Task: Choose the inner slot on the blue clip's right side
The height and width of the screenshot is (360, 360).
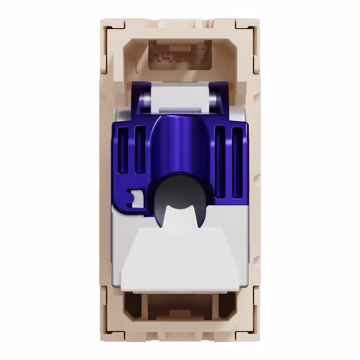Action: point(220,162)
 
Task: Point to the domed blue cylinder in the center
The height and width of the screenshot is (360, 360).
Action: point(180,148)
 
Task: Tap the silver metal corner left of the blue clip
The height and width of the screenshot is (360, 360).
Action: point(118,115)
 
